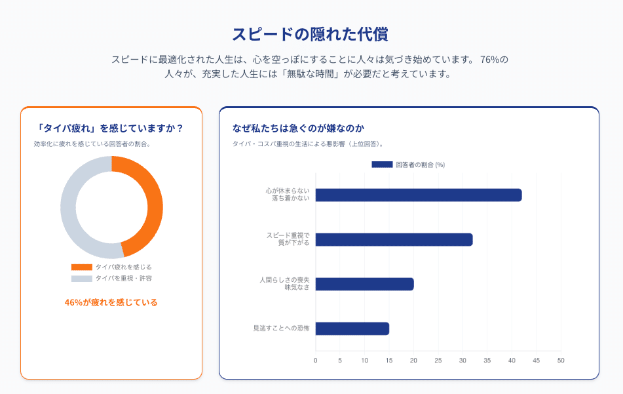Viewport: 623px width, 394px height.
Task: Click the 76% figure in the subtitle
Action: pos(494,59)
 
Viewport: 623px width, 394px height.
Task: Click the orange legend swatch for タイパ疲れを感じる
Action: pos(82,267)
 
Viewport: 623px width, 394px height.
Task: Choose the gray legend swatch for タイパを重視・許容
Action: pos(82,279)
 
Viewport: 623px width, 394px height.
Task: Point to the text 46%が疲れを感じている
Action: pos(111,302)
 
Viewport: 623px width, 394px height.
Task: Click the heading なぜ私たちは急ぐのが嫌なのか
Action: pos(298,128)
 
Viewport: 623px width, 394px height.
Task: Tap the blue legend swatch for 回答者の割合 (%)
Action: pos(382,165)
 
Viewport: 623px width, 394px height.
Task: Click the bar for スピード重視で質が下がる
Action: pos(394,239)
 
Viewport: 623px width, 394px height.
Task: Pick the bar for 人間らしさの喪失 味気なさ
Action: pos(364,284)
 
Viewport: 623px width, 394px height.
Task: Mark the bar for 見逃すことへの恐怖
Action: pos(352,328)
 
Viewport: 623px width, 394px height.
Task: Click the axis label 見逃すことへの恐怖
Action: pos(281,328)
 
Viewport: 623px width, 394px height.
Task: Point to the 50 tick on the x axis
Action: pos(561,360)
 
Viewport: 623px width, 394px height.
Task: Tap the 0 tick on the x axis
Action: pos(316,360)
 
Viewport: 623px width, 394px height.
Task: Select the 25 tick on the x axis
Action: pos(438,360)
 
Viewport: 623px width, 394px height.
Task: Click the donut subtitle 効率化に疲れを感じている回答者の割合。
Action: pos(92,144)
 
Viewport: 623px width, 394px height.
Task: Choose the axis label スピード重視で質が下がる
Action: pos(288,239)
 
